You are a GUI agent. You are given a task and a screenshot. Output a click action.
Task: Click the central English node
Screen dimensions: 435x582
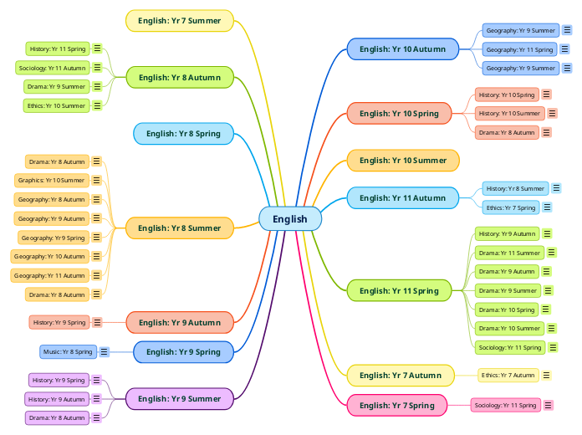coord(290,219)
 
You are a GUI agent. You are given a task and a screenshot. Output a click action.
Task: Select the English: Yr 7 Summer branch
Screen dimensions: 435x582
coord(180,21)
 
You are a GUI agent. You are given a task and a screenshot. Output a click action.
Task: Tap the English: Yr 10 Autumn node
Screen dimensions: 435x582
coord(402,49)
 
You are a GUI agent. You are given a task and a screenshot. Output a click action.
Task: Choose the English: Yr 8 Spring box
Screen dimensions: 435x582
coord(183,133)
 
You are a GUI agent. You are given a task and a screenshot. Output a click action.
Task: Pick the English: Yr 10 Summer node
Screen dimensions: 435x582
coord(403,161)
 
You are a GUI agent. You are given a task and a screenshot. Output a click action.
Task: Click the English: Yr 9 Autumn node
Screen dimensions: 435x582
coord(179,322)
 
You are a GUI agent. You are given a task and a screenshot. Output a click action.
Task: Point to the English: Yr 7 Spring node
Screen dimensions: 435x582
coord(396,406)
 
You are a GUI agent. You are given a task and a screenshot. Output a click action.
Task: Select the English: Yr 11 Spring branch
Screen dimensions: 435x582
coord(399,291)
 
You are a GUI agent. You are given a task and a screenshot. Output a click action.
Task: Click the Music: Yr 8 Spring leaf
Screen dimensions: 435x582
coord(68,352)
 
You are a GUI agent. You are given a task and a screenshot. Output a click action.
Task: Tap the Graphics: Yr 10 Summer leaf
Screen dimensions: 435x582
coord(51,180)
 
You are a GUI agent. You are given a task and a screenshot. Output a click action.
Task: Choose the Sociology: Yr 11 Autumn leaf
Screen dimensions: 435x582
coord(52,68)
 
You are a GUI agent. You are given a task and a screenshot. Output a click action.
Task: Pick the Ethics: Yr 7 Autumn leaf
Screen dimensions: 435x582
coord(508,376)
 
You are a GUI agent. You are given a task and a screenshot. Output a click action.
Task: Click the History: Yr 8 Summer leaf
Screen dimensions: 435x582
coord(515,188)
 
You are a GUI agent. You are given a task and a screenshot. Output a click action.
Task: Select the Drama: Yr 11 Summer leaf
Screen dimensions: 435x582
coord(509,253)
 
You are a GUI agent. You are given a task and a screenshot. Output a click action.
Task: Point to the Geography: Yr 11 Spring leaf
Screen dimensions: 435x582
coord(520,49)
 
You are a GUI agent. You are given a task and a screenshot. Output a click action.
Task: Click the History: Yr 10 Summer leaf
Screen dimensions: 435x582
coord(509,113)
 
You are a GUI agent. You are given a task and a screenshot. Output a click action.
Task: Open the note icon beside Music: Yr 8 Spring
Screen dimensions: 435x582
coord(105,352)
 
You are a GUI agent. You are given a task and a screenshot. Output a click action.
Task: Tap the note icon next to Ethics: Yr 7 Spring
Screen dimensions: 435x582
coord(547,207)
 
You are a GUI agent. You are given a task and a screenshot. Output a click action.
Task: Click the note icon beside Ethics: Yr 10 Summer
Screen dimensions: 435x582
coord(97,105)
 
